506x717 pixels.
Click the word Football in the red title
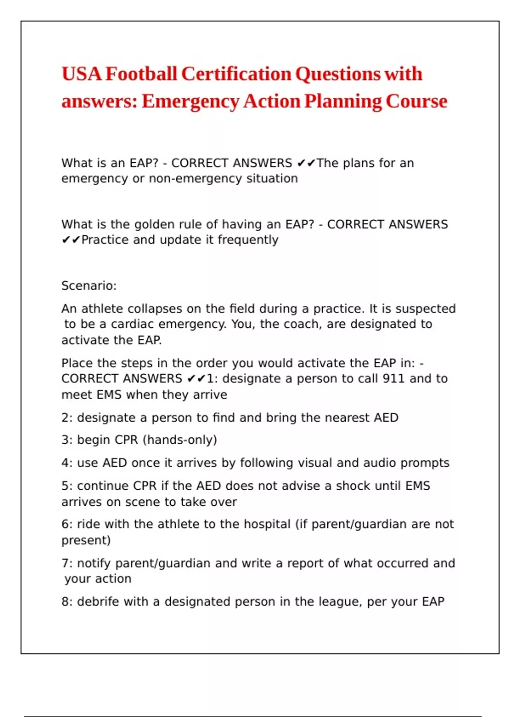coord(141,74)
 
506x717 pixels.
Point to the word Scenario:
coord(89,286)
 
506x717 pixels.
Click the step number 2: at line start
coord(67,418)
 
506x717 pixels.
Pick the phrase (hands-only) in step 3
coord(180,440)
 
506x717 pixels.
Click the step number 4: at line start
coord(67,463)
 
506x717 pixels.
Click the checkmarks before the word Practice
coord(71,240)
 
